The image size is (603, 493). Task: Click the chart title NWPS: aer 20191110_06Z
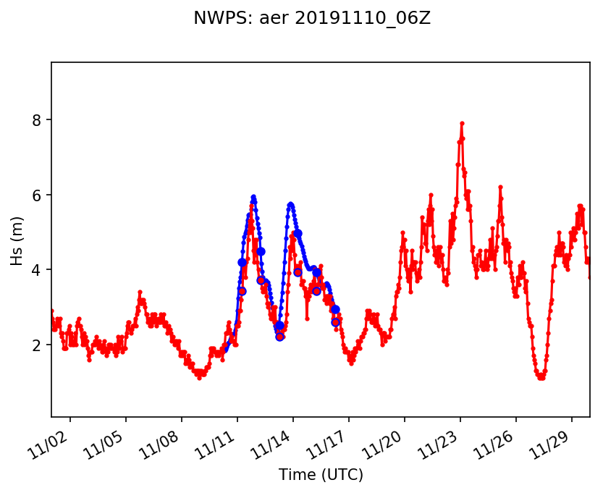click(x=312, y=19)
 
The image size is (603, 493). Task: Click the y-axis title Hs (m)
click(x=17, y=240)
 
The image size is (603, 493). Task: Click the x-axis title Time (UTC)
click(x=321, y=475)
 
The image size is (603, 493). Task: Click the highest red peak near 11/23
click(x=462, y=124)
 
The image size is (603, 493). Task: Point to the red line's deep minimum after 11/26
click(x=541, y=377)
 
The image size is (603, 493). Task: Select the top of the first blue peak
click(x=253, y=196)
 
